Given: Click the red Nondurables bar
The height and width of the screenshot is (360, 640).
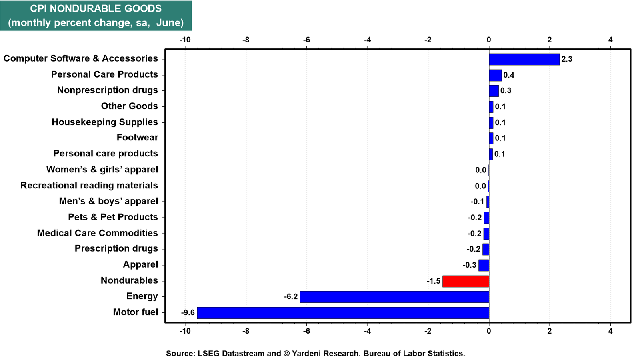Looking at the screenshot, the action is tap(466, 281).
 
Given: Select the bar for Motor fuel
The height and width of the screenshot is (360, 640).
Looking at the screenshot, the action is tap(343, 313).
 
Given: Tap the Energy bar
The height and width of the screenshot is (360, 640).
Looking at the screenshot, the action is tap(394, 297).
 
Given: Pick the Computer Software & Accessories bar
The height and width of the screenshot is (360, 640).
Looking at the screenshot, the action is tap(524, 60).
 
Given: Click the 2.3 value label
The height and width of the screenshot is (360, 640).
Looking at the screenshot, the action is tap(567, 59).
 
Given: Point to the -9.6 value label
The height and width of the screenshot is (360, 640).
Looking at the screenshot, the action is tap(188, 313).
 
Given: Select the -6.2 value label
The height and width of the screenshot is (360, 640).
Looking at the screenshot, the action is tap(291, 297).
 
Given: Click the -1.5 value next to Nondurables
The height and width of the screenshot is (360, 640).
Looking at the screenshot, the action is tap(434, 281).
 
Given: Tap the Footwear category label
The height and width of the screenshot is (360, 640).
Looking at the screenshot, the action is tap(138, 138).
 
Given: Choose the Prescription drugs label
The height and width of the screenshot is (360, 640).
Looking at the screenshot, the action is tap(116, 248).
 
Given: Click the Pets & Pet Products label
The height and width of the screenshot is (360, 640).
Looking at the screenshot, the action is tap(113, 217).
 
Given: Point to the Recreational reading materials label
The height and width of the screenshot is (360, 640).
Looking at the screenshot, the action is tap(89, 186).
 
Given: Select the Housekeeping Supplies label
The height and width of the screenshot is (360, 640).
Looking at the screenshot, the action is tap(105, 122).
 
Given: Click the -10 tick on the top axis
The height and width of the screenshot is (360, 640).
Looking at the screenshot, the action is tap(185, 40).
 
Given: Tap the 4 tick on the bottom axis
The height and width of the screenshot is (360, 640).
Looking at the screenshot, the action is tap(610, 331).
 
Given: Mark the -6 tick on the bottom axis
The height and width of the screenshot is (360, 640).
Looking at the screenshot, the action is tap(306, 331).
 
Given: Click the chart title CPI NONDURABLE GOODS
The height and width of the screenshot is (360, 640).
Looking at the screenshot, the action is tap(96, 8).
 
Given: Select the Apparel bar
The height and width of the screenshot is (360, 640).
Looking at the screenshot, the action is tap(484, 266).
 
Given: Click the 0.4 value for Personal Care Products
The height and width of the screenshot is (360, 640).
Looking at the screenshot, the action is tap(509, 75).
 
